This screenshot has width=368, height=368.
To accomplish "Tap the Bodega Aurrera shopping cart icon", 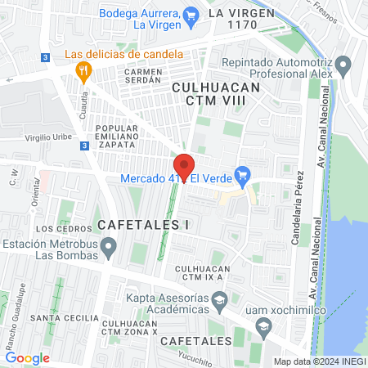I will point(191,13).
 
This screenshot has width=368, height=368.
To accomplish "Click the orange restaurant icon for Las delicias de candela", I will point(82,70).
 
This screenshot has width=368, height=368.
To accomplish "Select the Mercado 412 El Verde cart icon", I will point(241,174).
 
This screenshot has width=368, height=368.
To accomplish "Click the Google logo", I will point(28,357).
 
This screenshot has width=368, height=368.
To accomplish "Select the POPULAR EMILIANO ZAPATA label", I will point(116,137).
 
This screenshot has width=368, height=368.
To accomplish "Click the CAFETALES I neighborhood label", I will point(143,223).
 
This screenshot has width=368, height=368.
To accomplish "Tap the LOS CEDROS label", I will point(56,229).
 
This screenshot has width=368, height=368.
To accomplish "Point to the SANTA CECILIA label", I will point(58,317).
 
